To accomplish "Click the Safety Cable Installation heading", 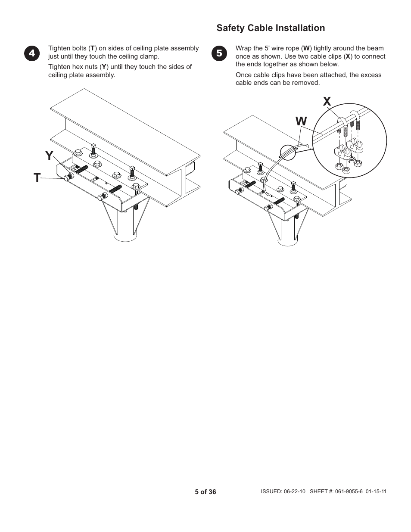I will click(x=271, y=28).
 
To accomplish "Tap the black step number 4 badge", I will click(x=32, y=53).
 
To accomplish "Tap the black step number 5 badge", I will click(x=219, y=53).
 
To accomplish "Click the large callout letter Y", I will click(x=50, y=156).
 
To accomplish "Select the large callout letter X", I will click(x=327, y=102).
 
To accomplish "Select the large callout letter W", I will click(x=301, y=121).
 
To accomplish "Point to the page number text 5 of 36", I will click(x=205, y=492).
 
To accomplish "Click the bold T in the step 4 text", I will click(x=92, y=48).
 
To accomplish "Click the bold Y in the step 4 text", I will click(x=103, y=67).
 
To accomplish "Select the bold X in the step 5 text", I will click(x=347, y=56).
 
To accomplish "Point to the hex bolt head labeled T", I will click(x=66, y=178).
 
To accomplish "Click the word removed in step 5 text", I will click(x=307, y=83).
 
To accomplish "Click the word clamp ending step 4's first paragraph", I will click(x=150, y=56).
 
